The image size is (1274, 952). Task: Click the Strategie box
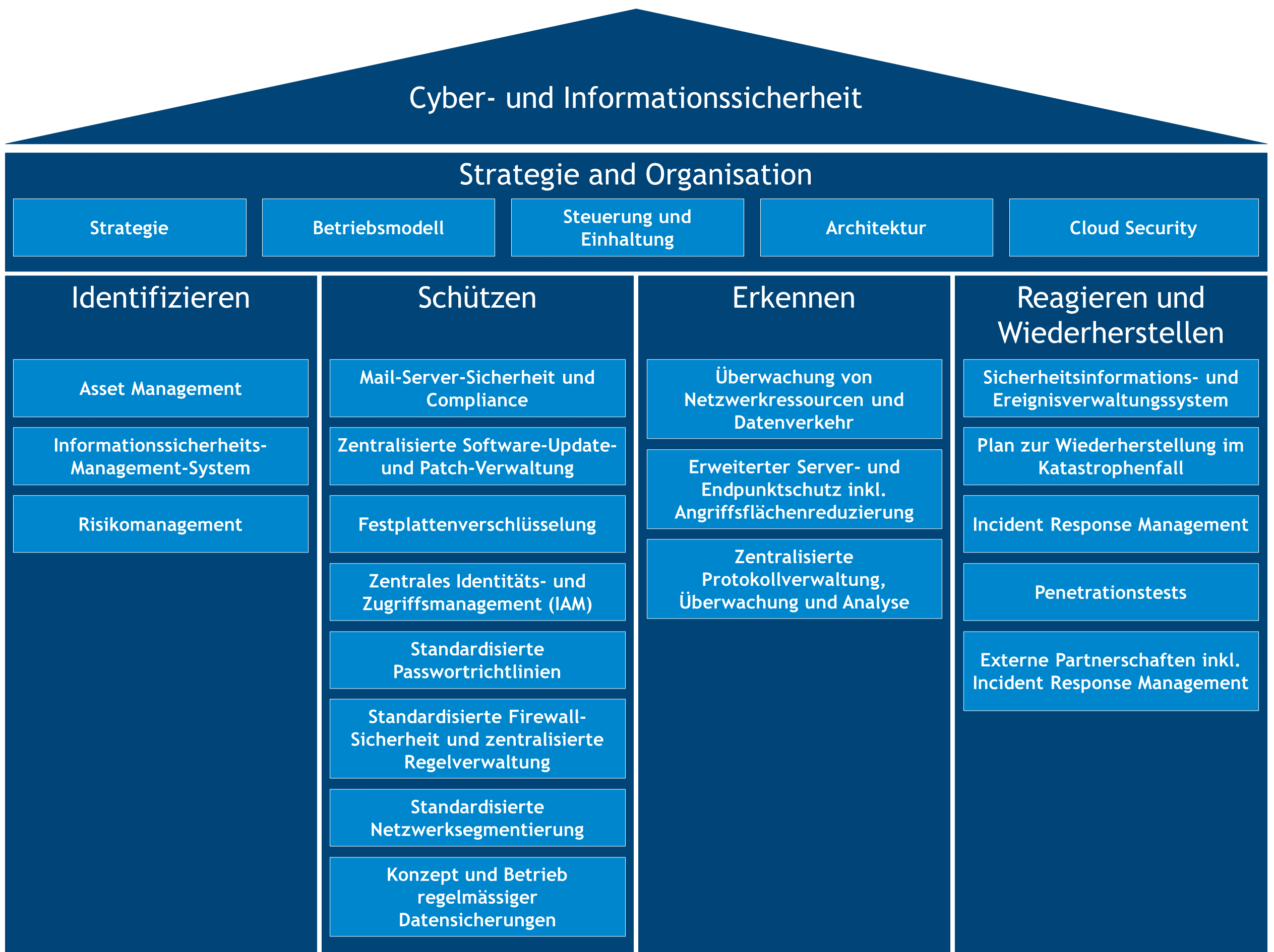129,227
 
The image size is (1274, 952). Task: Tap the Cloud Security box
1133,227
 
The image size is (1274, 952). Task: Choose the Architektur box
876,227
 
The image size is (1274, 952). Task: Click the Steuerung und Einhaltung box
627,227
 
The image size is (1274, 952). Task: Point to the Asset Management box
160,388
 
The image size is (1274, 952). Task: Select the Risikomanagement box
160,524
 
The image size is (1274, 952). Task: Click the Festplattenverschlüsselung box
477,524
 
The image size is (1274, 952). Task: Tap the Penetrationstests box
1111,592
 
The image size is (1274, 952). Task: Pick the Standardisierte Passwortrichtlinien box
477,660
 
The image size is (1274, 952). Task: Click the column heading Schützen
477,298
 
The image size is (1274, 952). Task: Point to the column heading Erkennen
794,298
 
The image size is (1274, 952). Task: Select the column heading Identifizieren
160,298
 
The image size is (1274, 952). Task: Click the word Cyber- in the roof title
452,98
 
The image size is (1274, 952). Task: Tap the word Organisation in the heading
728,174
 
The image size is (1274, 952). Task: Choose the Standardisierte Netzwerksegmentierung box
477,818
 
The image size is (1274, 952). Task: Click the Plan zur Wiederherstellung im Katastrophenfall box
1111,456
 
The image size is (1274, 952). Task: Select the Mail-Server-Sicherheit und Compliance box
477,388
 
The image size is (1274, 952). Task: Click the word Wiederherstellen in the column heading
1111,332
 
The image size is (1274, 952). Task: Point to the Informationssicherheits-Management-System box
160,456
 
